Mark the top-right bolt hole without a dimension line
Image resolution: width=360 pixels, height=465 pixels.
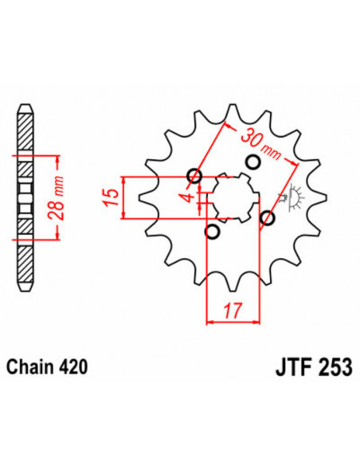click(253, 162)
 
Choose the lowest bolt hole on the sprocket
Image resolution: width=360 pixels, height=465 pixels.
click(212, 232)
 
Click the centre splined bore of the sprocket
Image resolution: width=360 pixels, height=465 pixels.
click(232, 197)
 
